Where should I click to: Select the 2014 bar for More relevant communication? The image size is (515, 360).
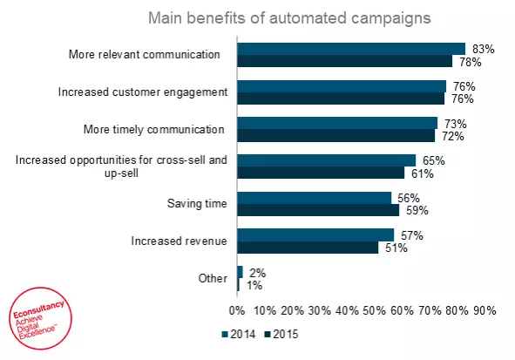(x=351, y=49)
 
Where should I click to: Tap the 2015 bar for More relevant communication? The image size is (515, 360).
(x=344, y=61)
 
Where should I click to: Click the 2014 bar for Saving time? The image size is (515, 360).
(x=314, y=198)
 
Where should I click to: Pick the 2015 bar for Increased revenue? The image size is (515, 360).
(x=307, y=248)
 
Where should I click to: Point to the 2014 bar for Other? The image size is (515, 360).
(x=240, y=272)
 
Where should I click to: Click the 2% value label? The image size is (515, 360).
(x=256, y=273)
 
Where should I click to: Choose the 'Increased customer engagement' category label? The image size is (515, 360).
(x=142, y=92)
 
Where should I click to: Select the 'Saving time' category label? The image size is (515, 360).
(x=197, y=204)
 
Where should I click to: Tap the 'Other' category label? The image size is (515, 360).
(x=213, y=279)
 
